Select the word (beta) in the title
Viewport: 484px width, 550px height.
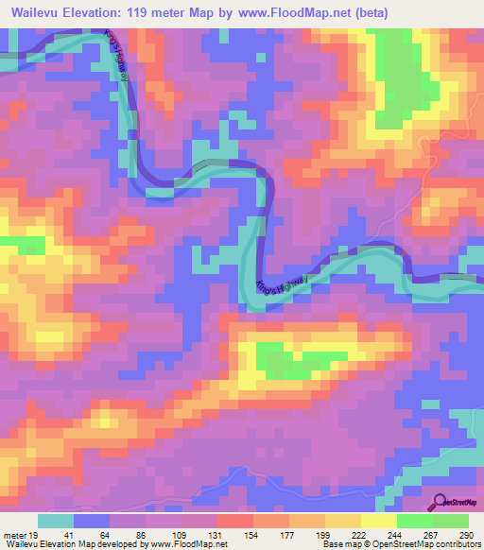click(x=370, y=14)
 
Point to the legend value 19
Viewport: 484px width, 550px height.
click(x=32, y=535)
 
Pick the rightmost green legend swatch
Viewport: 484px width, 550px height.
click(x=450, y=521)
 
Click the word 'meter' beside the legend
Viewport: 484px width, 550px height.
click(x=12, y=535)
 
